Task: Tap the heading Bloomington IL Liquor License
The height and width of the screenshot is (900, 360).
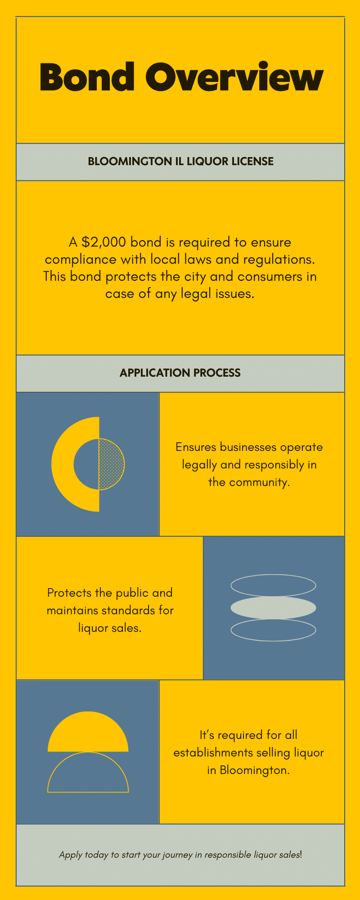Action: [x=180, y=162]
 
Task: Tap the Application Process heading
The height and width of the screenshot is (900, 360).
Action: [x=180, y=373]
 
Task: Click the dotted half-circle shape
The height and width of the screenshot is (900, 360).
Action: [x=112, y=464]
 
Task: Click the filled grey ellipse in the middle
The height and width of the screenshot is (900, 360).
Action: [x=273, y=608]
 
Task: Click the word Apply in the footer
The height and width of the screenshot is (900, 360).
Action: [x=71, y=855]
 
